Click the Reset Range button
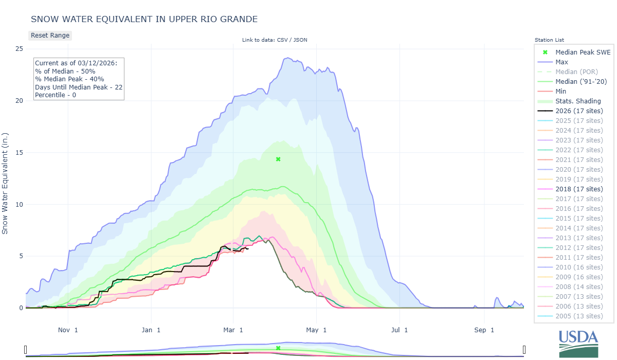click(49, 35)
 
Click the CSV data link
click(282, 40)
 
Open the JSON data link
click(300, 40)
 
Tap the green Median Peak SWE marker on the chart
click(278, 159)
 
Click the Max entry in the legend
click(561, 62)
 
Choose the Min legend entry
click(561, 91)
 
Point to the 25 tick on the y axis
click(19, 49)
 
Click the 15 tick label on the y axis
click(19, 153)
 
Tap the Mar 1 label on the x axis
click(233, 330)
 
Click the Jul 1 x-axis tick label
click(399, 330)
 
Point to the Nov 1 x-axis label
click(68, 330)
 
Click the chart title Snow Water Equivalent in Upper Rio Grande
click(144, 19)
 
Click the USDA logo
click(578, 343)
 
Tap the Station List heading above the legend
click(549, 40)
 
